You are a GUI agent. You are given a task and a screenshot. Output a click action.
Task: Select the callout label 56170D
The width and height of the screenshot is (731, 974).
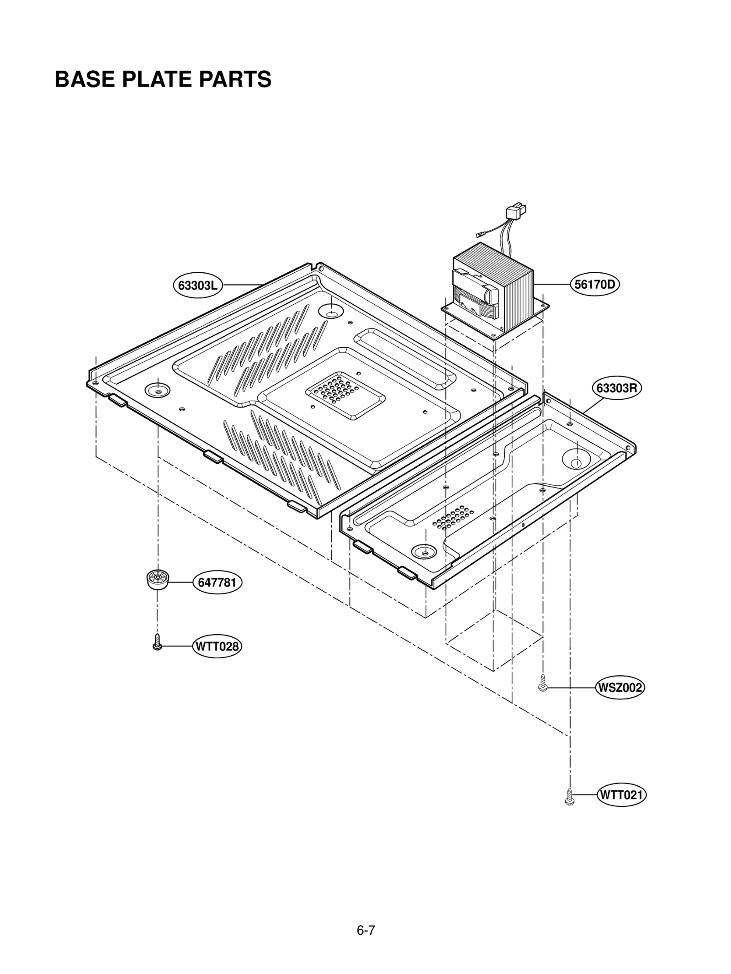[594, 284]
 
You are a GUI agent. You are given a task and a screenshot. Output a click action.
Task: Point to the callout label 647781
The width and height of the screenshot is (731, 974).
[217, 582]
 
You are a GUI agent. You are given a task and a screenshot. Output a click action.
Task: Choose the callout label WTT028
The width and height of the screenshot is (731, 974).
[217, 646]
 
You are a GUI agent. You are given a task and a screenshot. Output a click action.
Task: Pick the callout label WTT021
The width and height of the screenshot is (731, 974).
[621, 795]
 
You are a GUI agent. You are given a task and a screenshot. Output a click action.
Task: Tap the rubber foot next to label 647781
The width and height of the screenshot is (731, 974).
[157, 580]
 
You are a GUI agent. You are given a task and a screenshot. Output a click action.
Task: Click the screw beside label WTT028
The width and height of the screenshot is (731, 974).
[157, 642]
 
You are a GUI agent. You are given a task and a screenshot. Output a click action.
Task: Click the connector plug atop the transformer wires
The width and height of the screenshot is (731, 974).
[516, 213]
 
